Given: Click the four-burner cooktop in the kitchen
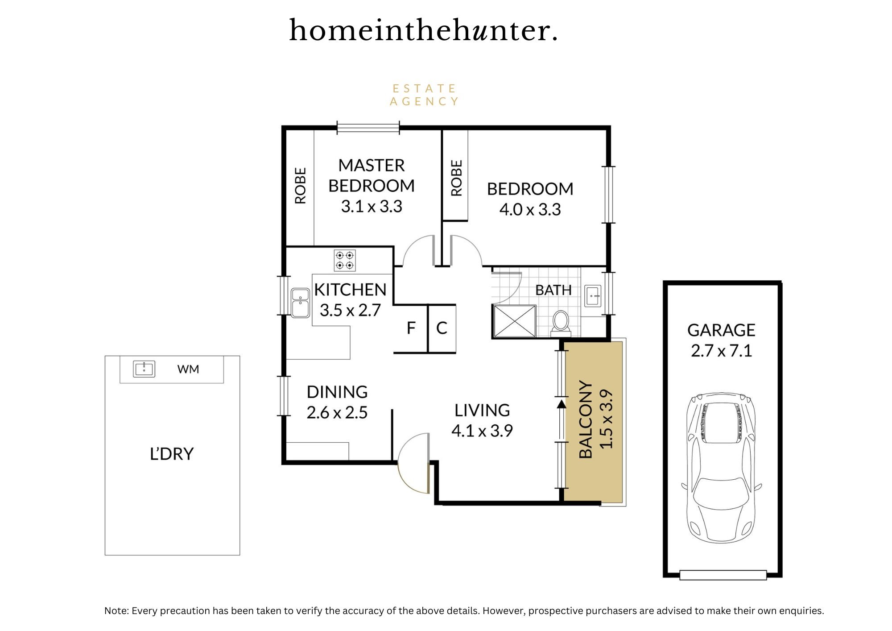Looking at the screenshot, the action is [x=345, y=260].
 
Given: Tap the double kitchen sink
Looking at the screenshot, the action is [x=300, y=303].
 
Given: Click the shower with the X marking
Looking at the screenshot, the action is [x=514, y=321].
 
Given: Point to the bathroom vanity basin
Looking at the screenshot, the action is [x=593, y=296].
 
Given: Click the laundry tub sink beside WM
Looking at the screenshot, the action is [x=144, y=369].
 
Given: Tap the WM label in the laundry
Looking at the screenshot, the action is [x=188, y=369].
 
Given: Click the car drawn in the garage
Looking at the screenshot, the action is [x=721, y=467].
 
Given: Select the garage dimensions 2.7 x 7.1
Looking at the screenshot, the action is [x=721, y=351].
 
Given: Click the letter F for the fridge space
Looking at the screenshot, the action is [x=411, y=328].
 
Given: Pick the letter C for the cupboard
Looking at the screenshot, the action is [x=442, y=328].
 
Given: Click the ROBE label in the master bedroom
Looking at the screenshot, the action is [x=301, y=186].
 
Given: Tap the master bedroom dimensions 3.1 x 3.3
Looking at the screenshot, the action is [x=372, y=207].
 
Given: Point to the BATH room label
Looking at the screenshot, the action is [x=553, y=290].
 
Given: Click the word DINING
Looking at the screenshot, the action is [x=337, y=392].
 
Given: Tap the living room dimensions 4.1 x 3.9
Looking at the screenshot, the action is [x=482, y=431].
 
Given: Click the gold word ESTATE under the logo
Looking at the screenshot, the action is [x=424, y=88].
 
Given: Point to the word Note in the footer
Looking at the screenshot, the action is [x=116, y=610].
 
